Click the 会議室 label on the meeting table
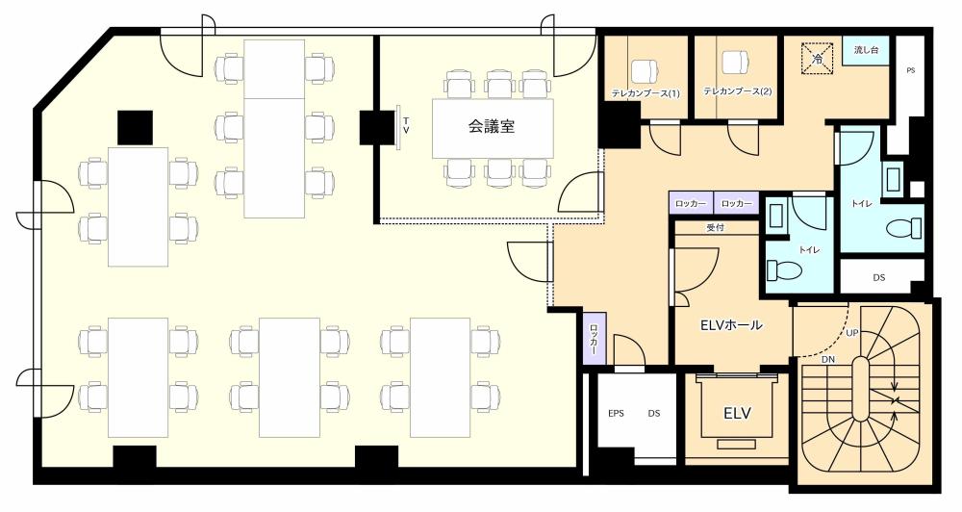coord(492,126)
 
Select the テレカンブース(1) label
coord(646,93)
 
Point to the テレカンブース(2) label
coord(738,91)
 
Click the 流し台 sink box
coord(866,49)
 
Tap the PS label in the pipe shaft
coord(910,70)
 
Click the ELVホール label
coord(731,324)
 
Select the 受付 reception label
coord(716,228)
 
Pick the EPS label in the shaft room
coord(616,413)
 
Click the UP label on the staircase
coord(852,333)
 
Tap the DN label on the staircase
coord(827,359)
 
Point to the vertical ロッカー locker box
coord(594,338)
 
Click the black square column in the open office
coord(135,128)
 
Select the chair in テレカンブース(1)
coord(644,69)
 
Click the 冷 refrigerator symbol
coord(817,59)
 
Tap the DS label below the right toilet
coord(878,277)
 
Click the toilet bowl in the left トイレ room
coord(785,269)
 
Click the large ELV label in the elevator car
coord(737,413)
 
